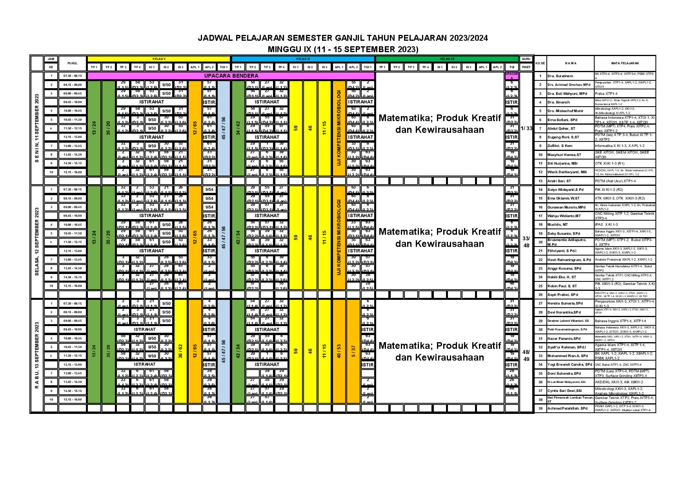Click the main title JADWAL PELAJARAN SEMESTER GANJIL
[343, 38]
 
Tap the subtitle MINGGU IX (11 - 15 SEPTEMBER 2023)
[343, 49]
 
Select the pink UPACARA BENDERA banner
[231, 76]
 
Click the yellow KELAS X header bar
[159, 59]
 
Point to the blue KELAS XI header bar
[303, 59]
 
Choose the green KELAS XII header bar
[447, 59]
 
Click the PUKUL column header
[72, 63]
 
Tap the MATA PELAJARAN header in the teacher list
[625, 63]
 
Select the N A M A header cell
[570, 63]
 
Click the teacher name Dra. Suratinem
[561, 76]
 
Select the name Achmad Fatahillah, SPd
[568, 408]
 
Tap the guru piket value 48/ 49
[526, 355]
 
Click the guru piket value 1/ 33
[526, 128]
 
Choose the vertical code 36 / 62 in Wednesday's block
[180, 352]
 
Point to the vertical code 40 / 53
[339, 352]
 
